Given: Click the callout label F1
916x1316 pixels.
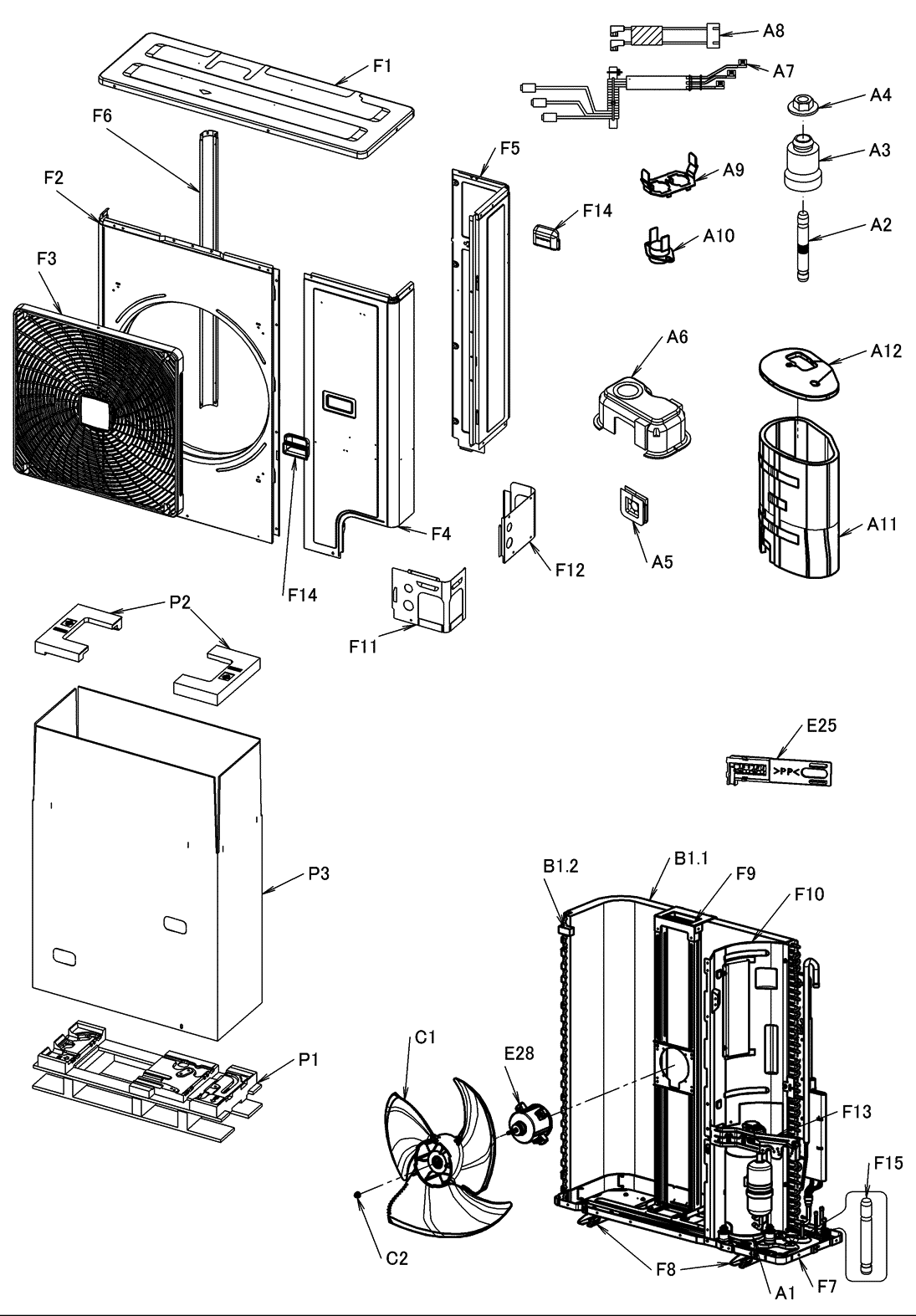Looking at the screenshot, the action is (382, 66).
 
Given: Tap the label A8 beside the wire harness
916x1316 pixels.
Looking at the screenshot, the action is (773, 31).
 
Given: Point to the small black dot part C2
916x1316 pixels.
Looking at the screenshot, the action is (356, 1195).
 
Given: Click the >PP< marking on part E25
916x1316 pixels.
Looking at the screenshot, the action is (786, 771).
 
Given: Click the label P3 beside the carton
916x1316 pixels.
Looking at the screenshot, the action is (319, 873).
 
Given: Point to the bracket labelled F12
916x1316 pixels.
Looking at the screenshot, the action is (518, 522).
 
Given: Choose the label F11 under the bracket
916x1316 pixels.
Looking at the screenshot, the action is (362, 646).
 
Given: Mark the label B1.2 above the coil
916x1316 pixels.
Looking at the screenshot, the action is (560, 866).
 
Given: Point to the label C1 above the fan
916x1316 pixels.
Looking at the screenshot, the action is (425, 1037).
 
